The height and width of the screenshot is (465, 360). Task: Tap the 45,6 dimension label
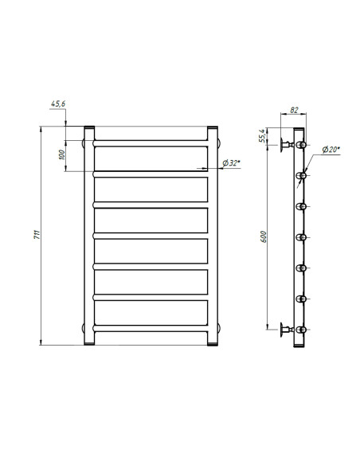coord(59,105)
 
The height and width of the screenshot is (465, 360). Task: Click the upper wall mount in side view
coord(285,145)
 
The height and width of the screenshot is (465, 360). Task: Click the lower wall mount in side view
coord(285,329)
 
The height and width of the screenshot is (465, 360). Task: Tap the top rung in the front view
coord(151,144)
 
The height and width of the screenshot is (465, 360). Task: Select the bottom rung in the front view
coord(151,326)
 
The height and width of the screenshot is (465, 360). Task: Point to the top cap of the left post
coord(89,128)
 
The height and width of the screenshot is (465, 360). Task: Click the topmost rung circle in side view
coord(301,145)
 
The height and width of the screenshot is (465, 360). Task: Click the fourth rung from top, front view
coord(151,236)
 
